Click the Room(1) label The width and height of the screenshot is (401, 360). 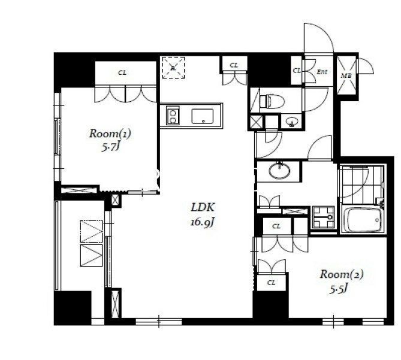point(110,134)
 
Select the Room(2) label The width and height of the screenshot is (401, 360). point(342,274)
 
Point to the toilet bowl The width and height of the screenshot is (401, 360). point(272,101)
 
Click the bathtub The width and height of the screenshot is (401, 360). point(363,220)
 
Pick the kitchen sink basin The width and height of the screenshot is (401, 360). point(202,116)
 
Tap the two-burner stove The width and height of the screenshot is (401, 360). point(173,116)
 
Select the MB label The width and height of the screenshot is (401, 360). point(346,75)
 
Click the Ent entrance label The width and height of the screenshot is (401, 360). point(322,72)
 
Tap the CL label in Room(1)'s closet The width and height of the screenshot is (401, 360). point(122,73)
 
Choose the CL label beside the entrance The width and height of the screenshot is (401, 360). point(297,70)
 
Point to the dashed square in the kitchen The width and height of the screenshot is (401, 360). point(173,68)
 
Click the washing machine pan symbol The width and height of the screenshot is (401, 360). point(323,217)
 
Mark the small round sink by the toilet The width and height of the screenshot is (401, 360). point(291,122)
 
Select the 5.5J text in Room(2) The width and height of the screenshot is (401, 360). point(339,289)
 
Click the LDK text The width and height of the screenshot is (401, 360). point(203,207)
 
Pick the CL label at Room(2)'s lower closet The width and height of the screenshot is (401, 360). point(271,283)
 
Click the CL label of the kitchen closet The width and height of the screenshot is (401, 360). point(234,65)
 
